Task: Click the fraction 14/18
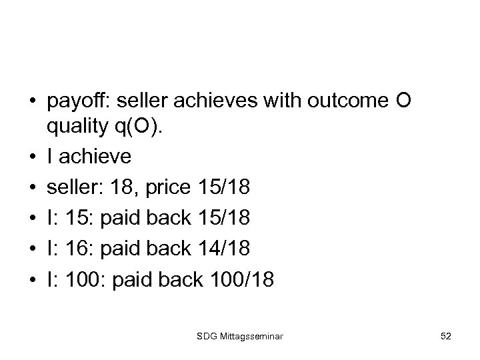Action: tap(225, 249)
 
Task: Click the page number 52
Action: tap(446, 337)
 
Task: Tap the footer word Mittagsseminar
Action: tap(251, 337)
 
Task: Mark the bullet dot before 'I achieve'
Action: tap(32, 158)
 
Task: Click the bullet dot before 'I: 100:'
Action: tap(32, 279)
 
